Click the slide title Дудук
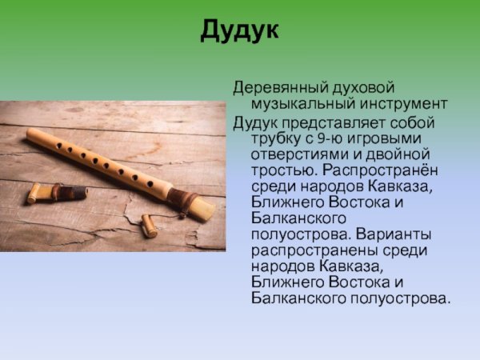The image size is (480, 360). (240, 30)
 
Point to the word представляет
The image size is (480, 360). (339, 122)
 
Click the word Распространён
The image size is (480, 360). (382, 170)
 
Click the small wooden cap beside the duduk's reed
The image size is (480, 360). (149, 226)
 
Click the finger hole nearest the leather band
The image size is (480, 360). (149, 183)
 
